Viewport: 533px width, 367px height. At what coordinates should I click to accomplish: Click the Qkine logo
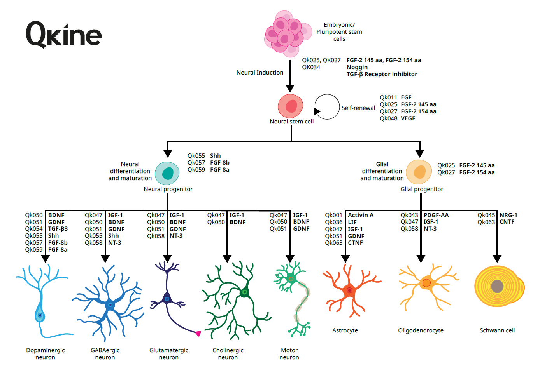click(x=64, y=35)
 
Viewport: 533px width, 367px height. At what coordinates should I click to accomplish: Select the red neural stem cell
click(x=291, y=106)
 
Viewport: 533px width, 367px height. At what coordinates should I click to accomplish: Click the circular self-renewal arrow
click(x=327, y=107)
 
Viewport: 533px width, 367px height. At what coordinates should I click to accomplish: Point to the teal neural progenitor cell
click(x=167, y=173)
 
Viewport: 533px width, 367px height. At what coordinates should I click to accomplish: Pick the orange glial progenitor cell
click(x=419, y=172)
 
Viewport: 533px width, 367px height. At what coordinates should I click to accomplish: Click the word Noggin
click(x=357, y=67)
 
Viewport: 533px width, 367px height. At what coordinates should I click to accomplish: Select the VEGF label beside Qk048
click(x=408, y=118)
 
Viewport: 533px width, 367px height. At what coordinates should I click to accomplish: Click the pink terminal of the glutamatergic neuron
click(x=198, y=333)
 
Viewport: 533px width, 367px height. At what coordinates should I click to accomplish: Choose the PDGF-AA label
click(x=436, y=215)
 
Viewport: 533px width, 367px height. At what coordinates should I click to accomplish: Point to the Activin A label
click(x=360, y=215)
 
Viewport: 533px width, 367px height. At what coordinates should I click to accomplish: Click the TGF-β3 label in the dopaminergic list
click(x=58, y=229)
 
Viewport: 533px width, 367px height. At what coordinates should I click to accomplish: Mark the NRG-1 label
click(x=508, y=215)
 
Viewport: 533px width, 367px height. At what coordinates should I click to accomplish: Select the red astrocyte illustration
click(x=349, y=289)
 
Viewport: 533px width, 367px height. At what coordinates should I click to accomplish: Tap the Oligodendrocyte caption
click(x=421, y=330)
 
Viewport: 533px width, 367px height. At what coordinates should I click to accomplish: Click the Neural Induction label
click(x=260, y=73)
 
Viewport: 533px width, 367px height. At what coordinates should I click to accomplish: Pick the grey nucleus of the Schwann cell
click(x=498, y=286)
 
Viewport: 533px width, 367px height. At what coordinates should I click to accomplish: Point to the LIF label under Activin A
click(x=352, y=222)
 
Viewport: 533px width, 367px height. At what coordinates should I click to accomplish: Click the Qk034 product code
click(x=311, y=67)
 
